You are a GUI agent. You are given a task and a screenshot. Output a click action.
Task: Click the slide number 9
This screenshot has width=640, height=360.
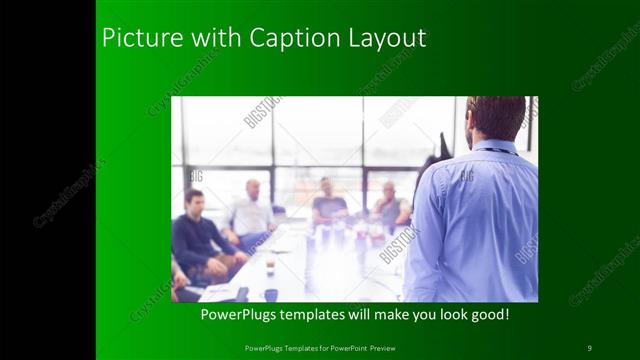[x=589, y=347]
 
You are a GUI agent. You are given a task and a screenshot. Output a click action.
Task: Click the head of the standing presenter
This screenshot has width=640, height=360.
[x=495, y=118]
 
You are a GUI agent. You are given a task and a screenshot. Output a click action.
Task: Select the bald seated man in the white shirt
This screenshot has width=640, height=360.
[x=251, y=210]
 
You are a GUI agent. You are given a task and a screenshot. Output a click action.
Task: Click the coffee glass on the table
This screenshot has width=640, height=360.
[x=270, y=263]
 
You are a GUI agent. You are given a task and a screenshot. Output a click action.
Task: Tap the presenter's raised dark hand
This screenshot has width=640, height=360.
[x=442, y=147]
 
